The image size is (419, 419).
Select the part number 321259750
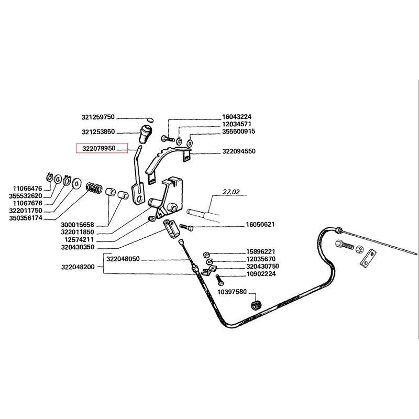(101, 117)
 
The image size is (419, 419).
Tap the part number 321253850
(101, 132)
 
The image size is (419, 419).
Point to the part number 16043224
(237, 117)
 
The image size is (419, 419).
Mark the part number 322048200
(77, 267)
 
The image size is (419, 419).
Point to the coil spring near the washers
(94, 186)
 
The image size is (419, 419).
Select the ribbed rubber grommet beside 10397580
(257, 305)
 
